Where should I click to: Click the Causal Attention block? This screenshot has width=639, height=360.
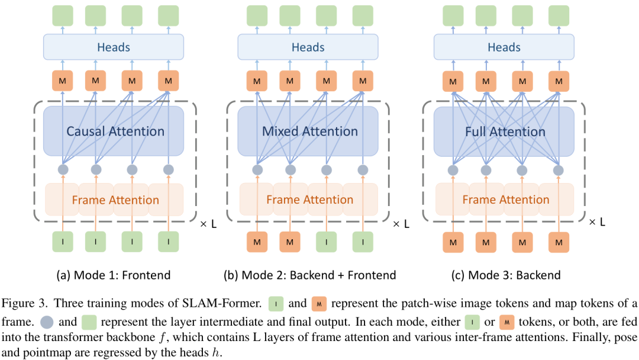point(115,131)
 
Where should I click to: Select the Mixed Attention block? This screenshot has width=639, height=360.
point(309,131)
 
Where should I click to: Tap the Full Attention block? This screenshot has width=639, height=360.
point(505,131)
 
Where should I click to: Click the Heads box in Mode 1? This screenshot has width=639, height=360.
point(115,47)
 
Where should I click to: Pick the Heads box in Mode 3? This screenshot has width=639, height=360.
point(505,47)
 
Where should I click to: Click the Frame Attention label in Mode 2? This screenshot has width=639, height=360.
point(309,200)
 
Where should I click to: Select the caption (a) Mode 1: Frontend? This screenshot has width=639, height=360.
point(114,275)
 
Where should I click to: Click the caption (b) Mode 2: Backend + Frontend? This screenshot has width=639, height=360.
point(309,275)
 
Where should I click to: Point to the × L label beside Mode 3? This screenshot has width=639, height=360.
point(597,222)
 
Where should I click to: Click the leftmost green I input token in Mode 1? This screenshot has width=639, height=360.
point(62,242)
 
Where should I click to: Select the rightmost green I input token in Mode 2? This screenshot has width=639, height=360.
point(363,242)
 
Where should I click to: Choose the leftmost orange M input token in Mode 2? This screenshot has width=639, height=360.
point(257,242)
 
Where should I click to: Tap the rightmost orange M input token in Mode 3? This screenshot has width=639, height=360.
point(558,242)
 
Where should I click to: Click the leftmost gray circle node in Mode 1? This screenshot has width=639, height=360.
point(62,170)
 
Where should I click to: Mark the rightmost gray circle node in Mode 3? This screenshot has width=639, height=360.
point(558,170)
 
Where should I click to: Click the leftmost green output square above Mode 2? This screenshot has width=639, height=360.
point(257,15)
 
